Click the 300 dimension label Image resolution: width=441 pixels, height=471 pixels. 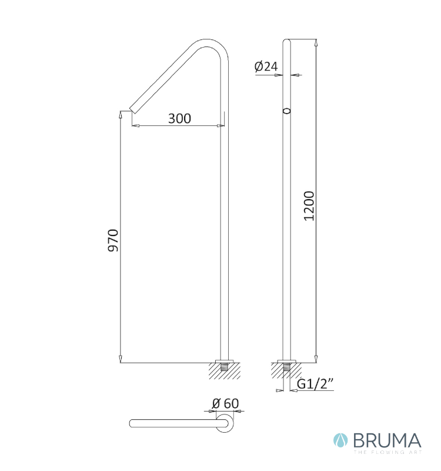(x=179, y=118)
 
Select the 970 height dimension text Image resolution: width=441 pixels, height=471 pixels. (x=113, y=240)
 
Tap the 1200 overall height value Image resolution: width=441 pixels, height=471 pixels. (x=309, y=206)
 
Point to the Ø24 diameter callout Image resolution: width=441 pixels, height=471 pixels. (x=266, y=66)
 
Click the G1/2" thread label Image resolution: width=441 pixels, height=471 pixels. (x=315, y=384)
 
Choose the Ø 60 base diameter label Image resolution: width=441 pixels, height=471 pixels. (x=225, y=403)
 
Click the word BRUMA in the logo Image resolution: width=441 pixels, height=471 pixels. (x=387, y=440)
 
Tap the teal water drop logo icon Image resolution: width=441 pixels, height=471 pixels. (x=340, y=440)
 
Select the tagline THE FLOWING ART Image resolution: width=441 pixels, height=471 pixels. (x=387, y=452)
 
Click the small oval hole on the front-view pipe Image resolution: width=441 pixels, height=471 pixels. (x=287, y=111)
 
